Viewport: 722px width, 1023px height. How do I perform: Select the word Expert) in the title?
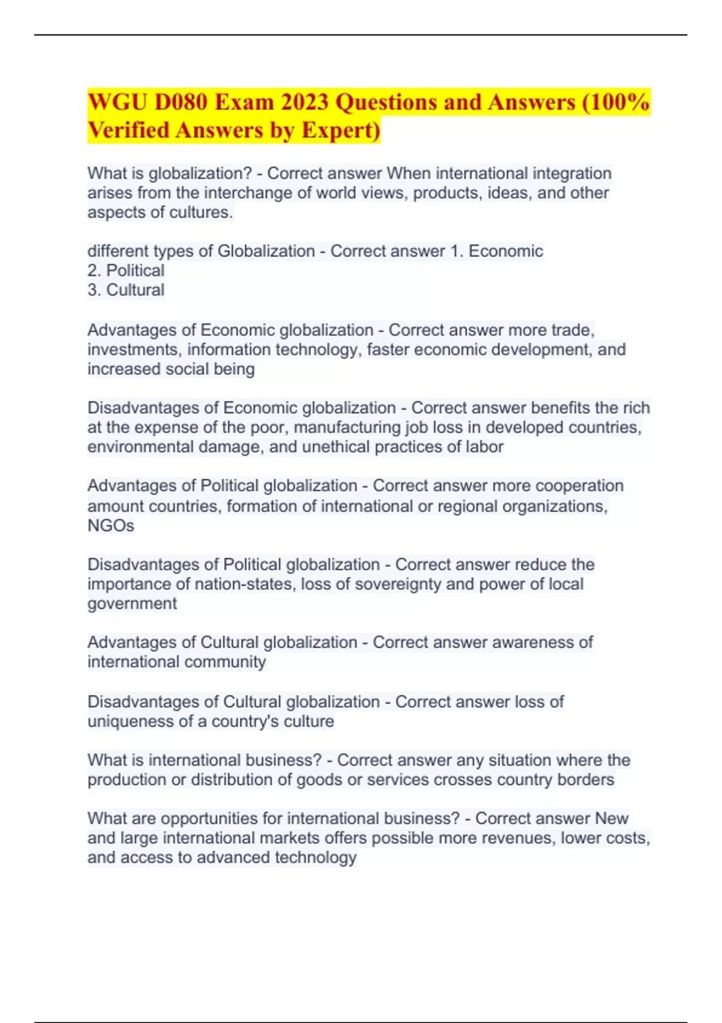(341, 130)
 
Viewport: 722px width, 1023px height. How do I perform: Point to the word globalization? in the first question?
(200, 173)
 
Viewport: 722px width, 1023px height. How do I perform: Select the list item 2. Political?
(126, 270)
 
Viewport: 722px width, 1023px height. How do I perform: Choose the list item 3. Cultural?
(126, 290)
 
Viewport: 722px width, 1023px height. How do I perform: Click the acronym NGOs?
(111, 525)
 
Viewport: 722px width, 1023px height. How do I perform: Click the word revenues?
(523, 838)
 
